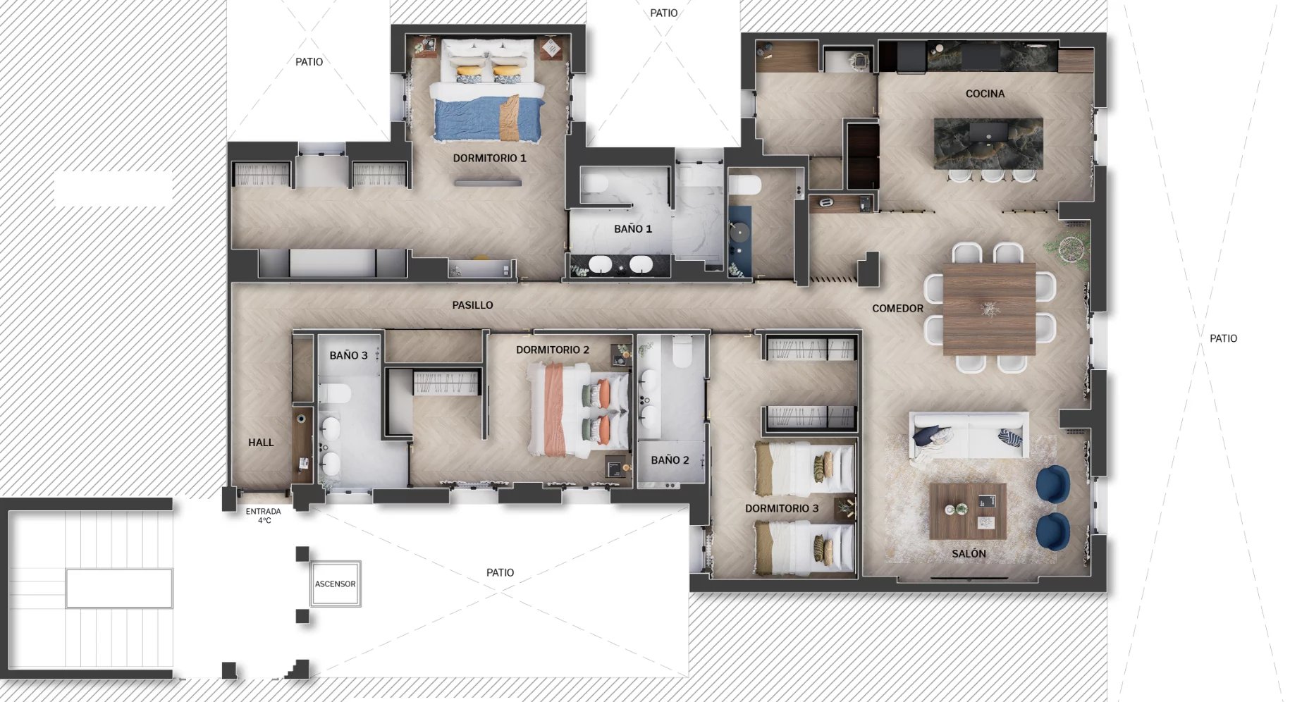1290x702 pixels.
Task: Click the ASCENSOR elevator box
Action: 336,584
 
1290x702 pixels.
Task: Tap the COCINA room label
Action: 985,94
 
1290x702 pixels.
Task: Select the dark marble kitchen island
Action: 988,144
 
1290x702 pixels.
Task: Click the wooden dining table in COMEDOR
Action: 989,309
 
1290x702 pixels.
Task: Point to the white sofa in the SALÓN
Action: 969,436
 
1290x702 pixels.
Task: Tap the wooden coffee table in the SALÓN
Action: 968,511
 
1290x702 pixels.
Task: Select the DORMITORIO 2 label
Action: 553,350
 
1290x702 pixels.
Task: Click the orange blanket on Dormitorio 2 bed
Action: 555,409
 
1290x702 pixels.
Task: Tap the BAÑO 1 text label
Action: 633,229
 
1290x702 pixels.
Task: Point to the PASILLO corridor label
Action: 472,305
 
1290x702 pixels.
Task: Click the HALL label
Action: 261,443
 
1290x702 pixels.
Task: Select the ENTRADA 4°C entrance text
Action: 264,516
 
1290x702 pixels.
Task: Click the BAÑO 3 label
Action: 349,355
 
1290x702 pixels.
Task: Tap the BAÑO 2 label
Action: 670,460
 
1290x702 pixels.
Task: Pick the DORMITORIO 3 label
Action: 782,508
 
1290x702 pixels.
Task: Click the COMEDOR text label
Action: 897,309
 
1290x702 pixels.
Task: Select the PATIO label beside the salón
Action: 1223,338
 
